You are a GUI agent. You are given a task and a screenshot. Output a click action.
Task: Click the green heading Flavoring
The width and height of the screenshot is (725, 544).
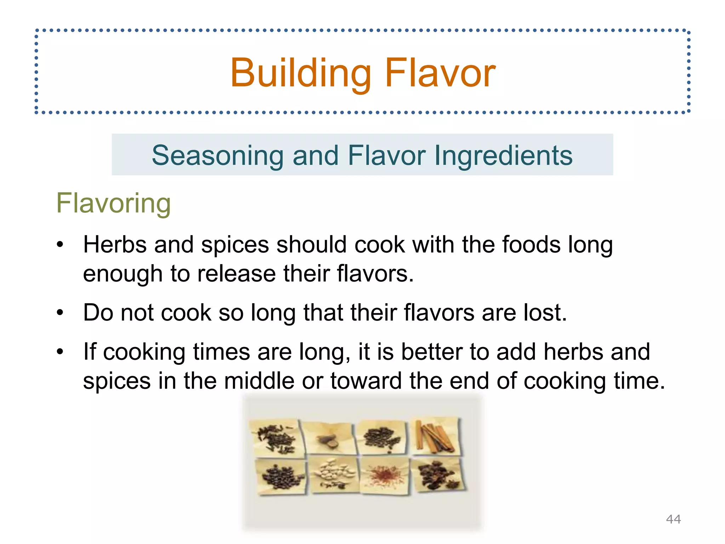[x=114, y=203]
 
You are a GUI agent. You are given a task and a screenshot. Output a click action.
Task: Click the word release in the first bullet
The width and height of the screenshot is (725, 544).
[x=236, y=274]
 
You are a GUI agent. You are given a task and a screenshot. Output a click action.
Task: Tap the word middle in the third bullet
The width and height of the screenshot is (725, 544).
[x=259, y=381]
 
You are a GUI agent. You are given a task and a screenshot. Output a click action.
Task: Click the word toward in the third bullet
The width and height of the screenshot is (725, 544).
[x=366, y=381]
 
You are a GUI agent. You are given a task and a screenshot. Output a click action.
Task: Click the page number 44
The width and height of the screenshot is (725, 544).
[x=673, y=519]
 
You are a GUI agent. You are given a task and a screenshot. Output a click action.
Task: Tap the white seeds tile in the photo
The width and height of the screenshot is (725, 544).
[x=333, y=475]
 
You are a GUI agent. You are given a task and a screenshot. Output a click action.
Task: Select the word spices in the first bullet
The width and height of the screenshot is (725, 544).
[x=235, y=245]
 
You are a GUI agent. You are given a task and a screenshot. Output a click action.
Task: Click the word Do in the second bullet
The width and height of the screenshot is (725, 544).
[x=98, y=313]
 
